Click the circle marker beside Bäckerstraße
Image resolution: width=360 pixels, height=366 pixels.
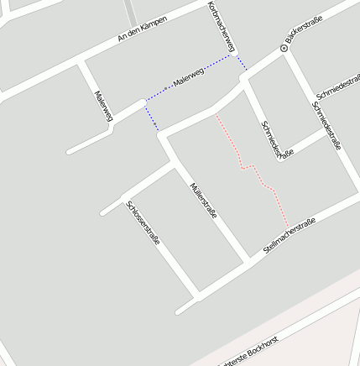(284, 49)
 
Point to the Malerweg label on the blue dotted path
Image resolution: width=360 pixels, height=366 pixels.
(188, 81)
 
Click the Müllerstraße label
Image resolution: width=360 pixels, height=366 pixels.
(203, 201)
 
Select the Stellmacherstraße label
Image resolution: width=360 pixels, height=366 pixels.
(289, 236)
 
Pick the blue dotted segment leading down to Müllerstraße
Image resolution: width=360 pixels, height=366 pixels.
(151, 116)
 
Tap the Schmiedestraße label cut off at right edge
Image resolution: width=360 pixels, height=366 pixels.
(340, 85)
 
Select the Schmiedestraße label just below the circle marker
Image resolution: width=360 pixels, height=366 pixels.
(326, 126)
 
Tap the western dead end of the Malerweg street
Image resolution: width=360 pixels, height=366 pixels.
(70, 153)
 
